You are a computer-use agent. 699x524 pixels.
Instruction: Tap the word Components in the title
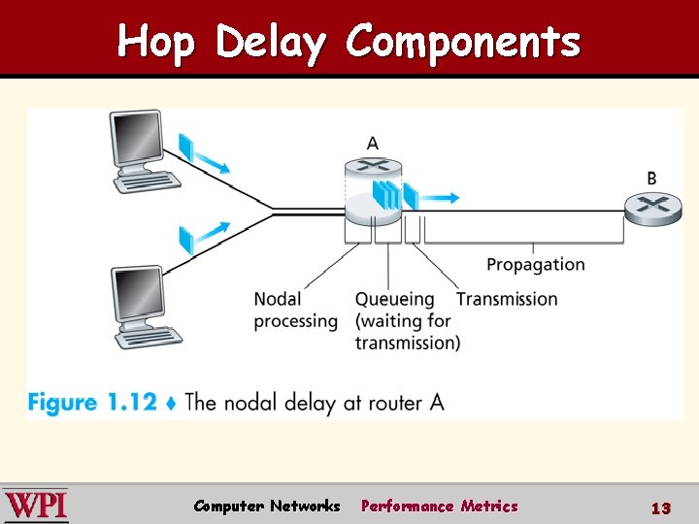[x=463, y=43]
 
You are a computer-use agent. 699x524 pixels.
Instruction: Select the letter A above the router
[x=373, y=144]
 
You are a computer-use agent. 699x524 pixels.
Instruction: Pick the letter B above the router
[x=651, y=179]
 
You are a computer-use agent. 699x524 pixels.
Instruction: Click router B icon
[x=651, y=208]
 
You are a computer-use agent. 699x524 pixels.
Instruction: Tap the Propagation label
[x=535, y=265]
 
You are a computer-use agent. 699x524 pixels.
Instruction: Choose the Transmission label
[x=507, y=299]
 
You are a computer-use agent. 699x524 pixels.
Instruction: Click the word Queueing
[x=393, y=299]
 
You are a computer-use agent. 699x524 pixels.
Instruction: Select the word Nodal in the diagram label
[x=278, y=299]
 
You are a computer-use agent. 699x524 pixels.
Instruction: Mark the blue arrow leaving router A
[x=439, y=197]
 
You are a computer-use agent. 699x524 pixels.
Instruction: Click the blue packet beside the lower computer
[x=186, y=239]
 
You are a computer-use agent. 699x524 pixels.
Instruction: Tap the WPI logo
[x=36, y=506]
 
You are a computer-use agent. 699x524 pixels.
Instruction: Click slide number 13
[x=661, y=508]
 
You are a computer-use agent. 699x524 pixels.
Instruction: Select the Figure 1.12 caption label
[x=91, y=402]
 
